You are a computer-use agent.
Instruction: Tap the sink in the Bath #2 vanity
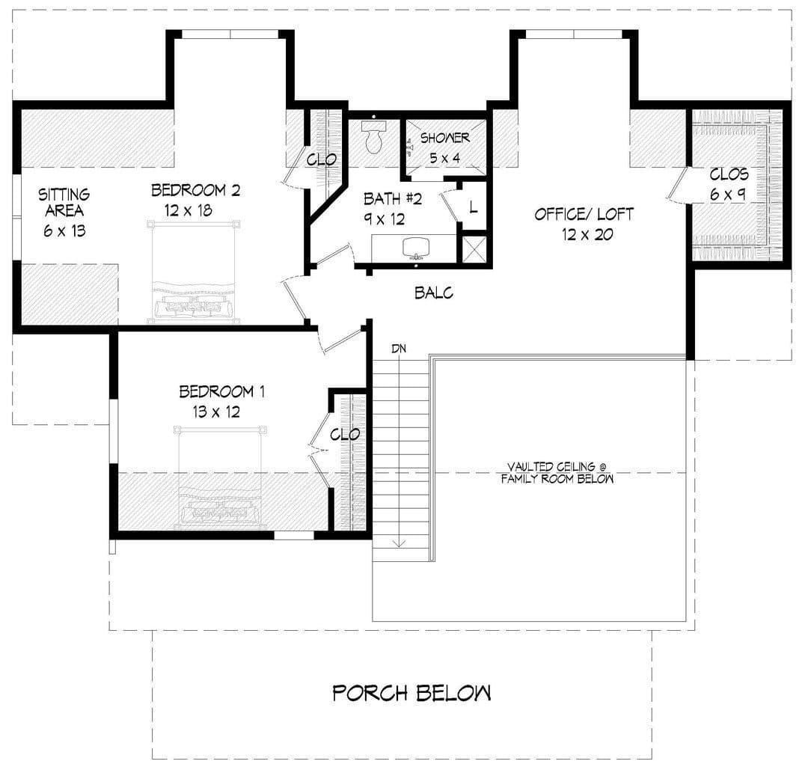click(414, 248)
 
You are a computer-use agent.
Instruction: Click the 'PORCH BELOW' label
click(411, 693)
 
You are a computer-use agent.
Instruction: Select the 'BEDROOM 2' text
click(195, 190)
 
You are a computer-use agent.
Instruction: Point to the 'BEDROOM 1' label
click(222, 391)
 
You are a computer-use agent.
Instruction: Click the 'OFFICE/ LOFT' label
click(584, 214)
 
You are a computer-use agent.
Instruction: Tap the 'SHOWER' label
click(444, 138)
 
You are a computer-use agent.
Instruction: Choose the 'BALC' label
click(434, 293)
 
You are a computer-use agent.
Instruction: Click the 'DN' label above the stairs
click(399, 349)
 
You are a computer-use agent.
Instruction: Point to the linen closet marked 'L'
click(473, 208)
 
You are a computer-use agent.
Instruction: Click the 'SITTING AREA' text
click(64, 202)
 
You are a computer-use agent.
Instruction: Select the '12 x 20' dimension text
click(587, 235)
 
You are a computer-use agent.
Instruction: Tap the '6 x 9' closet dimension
click(727, 195)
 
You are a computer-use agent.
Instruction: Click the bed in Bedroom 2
click(194, 272)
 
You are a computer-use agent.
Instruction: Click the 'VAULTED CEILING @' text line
click(557, 467)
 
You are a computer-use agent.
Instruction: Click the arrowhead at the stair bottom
click(400, 543)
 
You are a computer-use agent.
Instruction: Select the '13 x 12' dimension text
click(216, 412)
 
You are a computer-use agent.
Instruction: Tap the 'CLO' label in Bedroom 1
click(345, 435)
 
